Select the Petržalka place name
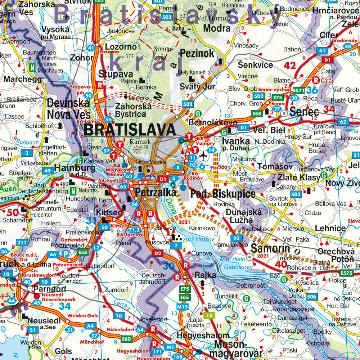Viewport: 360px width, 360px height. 156,193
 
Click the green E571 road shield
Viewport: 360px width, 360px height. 299,90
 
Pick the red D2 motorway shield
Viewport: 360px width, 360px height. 158,253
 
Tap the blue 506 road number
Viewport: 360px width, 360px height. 312,296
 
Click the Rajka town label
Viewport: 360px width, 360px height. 207,275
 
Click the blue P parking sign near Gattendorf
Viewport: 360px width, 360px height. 66,254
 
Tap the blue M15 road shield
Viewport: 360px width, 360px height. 183,306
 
